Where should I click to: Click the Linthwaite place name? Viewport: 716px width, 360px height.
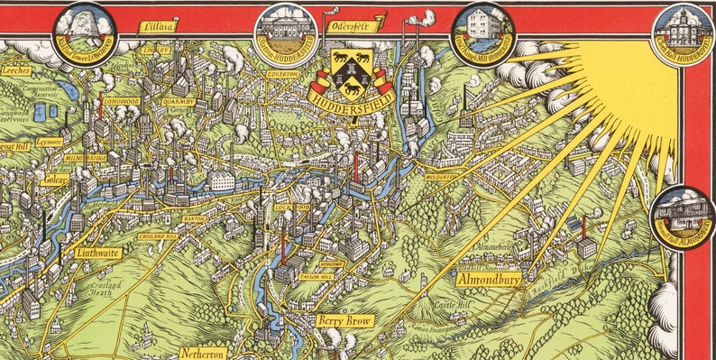click(96, 254)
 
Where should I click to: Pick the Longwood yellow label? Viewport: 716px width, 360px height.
click(120, 102)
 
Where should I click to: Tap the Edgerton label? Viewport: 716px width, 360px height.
click(281, 74)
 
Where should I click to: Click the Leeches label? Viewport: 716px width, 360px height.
click(16, 69)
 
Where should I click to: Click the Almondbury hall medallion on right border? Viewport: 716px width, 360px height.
click(682, 219)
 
